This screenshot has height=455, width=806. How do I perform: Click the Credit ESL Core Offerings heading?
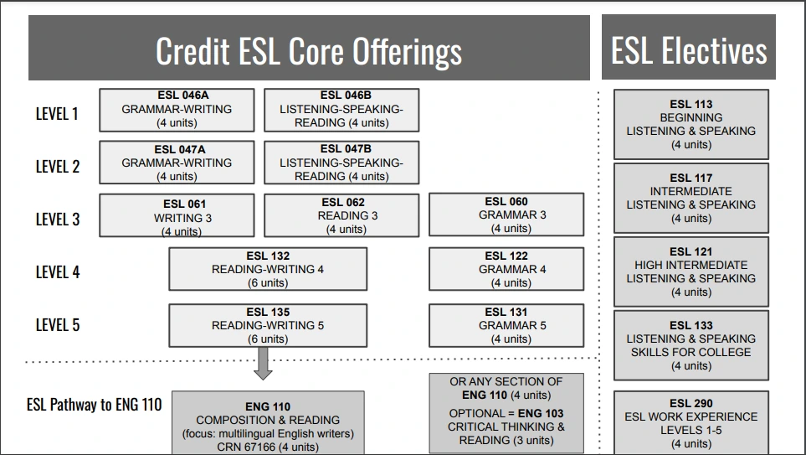[309, 50]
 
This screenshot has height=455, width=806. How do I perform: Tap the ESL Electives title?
[688, 49]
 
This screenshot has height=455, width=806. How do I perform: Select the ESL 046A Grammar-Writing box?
[177, 110]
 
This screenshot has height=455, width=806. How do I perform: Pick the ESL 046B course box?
[341, 110]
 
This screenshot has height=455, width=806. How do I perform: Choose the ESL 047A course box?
[177, 163]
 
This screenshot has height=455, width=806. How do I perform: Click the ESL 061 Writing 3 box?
[177, 217]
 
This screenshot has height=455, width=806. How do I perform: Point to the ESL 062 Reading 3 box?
[341, 215]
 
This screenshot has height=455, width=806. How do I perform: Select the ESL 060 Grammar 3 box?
[506, 215]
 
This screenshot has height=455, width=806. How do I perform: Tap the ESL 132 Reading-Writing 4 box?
[268, 269]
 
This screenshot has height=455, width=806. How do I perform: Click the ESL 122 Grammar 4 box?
[506, 269]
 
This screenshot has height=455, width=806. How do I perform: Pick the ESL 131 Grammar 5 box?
[506, 325]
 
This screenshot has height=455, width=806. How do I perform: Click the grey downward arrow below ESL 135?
[263, 363]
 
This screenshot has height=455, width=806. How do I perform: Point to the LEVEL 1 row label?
[57, 114]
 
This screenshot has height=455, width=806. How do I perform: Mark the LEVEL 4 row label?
[57, 271]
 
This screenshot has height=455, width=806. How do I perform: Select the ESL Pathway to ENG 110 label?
[94, 406]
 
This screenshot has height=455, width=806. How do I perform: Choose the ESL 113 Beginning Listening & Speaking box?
[691, 124]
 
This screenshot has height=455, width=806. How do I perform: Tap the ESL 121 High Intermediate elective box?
[691, 271]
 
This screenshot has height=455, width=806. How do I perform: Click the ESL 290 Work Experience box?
[691, 423]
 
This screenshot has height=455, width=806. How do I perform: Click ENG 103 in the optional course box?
[541, 413]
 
